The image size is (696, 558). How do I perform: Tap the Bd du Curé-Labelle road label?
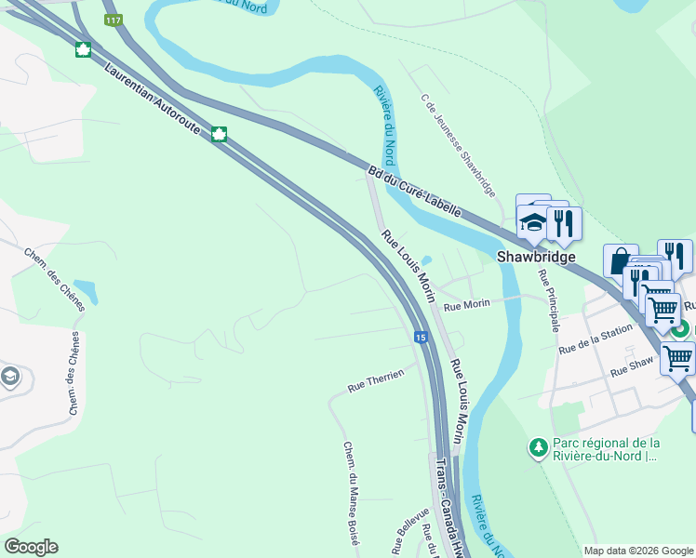(x=414, y=192)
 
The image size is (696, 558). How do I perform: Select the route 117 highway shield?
(x=114, y=20)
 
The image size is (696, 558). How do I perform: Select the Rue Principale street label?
(x=548, y=301)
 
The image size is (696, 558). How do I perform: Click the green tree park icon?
(x=538, y=448)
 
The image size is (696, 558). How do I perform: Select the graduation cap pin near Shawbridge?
(x=533, y=221)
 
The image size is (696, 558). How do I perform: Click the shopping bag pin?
(x=619, y=261)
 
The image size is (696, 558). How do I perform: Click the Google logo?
(x=31, y=547)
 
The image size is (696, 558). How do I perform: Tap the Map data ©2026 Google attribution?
(x=637, y=551)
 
